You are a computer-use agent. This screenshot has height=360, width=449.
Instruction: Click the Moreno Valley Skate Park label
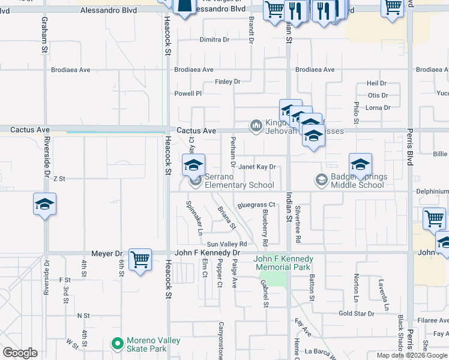[154, 344]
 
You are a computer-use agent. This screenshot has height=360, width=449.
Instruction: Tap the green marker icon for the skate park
[118, 344]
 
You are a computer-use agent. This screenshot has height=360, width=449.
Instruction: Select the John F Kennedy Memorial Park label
[283, 263]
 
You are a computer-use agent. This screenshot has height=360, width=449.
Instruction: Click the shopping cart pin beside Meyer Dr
[140, 260]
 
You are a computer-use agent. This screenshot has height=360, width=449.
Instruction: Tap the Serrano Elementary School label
[232, 181]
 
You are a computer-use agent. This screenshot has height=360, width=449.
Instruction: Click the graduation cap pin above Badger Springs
[360, 164]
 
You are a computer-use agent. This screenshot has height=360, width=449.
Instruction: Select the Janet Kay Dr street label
[258, 167]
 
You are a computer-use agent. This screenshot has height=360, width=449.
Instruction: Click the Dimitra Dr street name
[214, 40]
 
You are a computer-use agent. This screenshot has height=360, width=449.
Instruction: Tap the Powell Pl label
[188, 94]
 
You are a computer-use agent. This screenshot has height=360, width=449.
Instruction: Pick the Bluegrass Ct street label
[256, 205]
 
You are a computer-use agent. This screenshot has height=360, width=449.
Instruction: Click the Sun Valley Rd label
[227, 244]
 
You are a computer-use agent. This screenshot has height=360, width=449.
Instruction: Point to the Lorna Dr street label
[378, 108]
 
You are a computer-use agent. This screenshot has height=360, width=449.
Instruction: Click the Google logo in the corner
[20, 353]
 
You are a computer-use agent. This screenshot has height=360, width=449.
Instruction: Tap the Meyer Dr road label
[106, 254]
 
